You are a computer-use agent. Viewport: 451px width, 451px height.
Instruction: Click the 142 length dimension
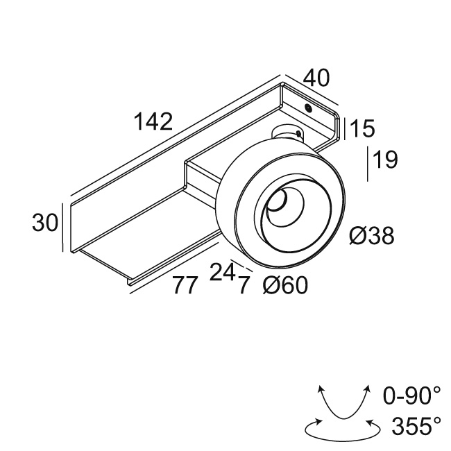pyautogui.click(x=153, y=121)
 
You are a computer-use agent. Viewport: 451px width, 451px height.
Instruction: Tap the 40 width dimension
pyautogui.click(x=316, y=78)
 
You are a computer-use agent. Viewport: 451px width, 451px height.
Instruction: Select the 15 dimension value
pyautogui.click(x=363, y=128)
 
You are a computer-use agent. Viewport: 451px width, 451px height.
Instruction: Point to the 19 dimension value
pyautogui.click(x=385, y=160)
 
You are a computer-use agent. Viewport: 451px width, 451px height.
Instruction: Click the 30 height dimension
pyautogui.click(x=45, y=222)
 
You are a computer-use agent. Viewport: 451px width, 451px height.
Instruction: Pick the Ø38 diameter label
pyautogui.click(x=372, y=236)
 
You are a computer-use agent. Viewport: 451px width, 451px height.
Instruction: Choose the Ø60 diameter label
pyautogui.click(x=285, y=285)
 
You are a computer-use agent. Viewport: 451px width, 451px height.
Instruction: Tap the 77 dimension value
pyautogui.click(x=186, y=284)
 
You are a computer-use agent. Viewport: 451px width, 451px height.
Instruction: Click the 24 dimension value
pyautogui.click(x=223, y=272)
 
